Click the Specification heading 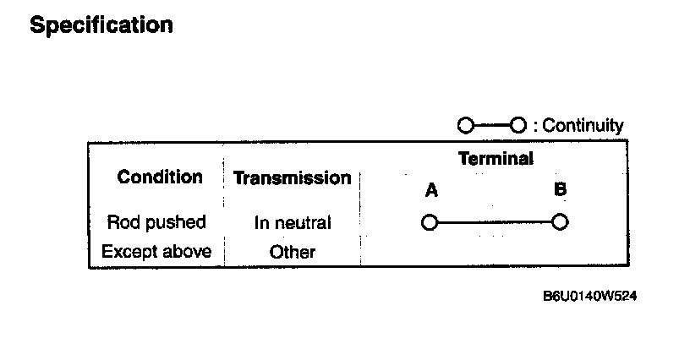(101, 25)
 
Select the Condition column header (160, 177)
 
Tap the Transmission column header (292, 178)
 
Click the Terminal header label (496, 158)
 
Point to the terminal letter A (431, 191)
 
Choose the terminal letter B (560, 190)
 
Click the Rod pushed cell (156, 223)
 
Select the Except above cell (156, 251)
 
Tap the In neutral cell (293, 223)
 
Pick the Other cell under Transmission (293, 252)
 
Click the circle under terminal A (430, 223)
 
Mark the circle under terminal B (559, 223)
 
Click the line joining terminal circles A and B (495, 223)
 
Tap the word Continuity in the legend (583, 126)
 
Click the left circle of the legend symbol (465, 126)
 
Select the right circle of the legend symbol (518, 126)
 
